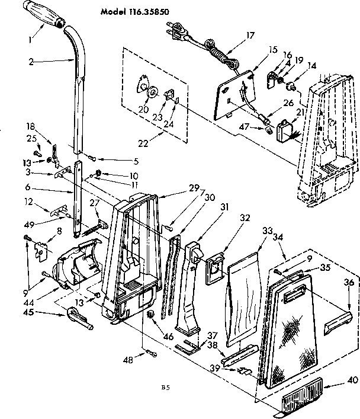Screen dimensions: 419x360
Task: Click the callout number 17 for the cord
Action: (x=250, y=35)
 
